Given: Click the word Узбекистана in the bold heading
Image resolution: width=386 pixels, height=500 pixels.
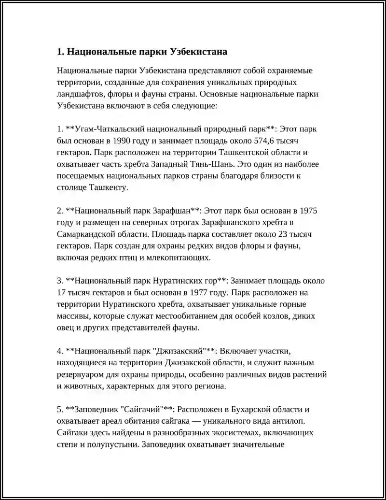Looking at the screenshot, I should point(198,52).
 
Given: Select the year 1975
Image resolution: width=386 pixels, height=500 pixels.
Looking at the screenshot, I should point(308,211).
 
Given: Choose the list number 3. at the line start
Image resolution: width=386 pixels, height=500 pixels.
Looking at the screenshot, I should point(60,281).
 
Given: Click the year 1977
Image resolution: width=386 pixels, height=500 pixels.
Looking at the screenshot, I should point(201,293).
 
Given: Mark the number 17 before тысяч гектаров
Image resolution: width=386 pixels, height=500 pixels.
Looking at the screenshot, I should point(61,293).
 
